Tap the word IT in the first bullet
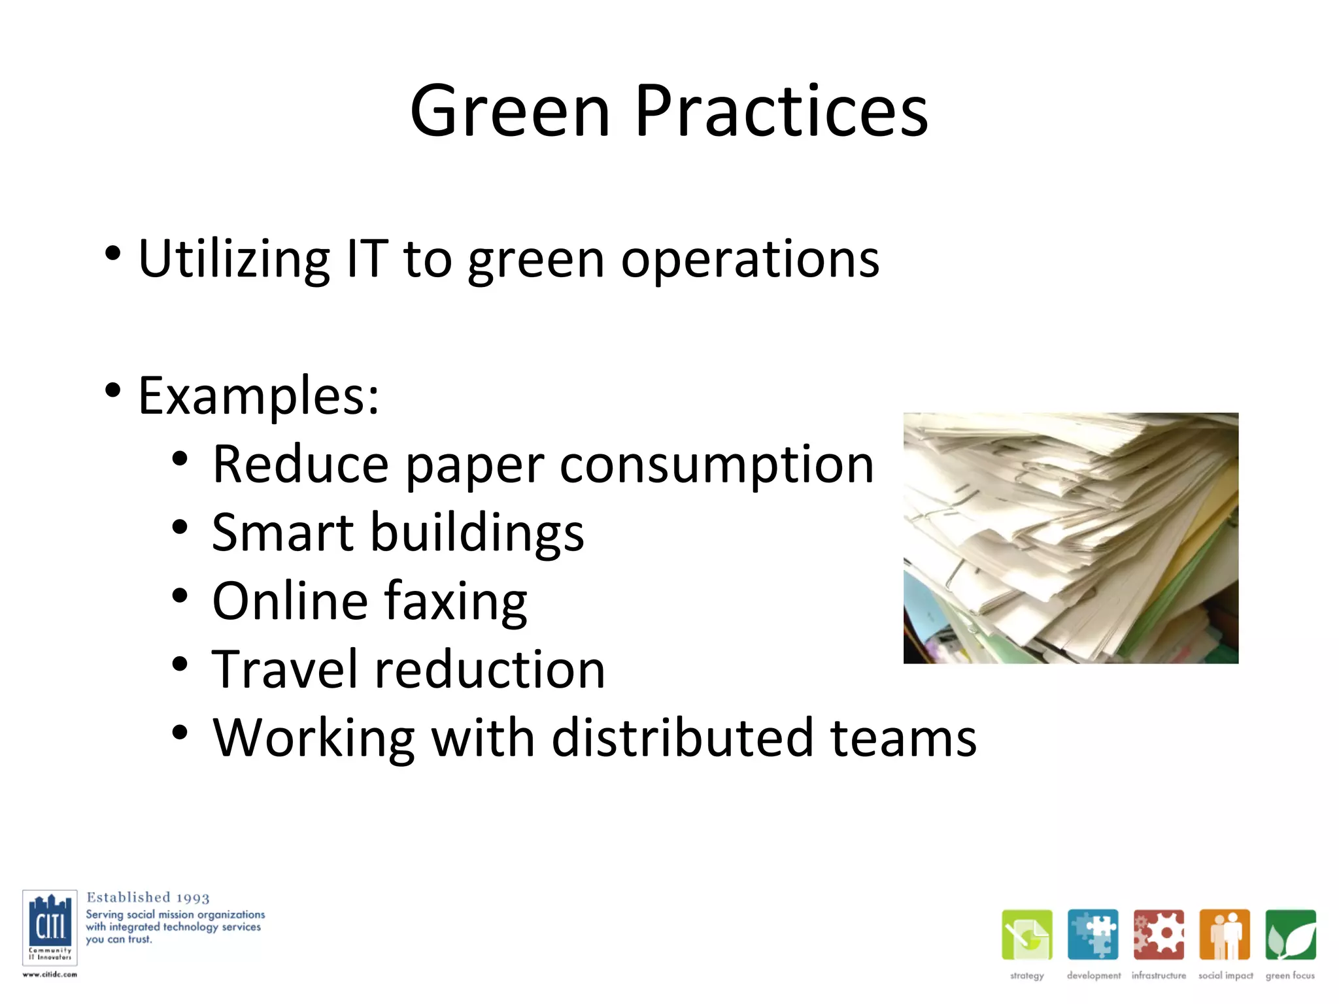click(367, 259)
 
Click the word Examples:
click(258, 396)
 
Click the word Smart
click(282, 533)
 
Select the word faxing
click(455, 602)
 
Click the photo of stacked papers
click(1070, 538)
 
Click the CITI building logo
click(50, 927)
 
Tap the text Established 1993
click(148, 897)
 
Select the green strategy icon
click(1026, 934)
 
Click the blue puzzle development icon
click(1093, 934)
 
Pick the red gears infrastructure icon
click(1159, 934)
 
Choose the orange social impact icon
click(1225, 934)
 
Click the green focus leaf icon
click(1290, 934)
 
